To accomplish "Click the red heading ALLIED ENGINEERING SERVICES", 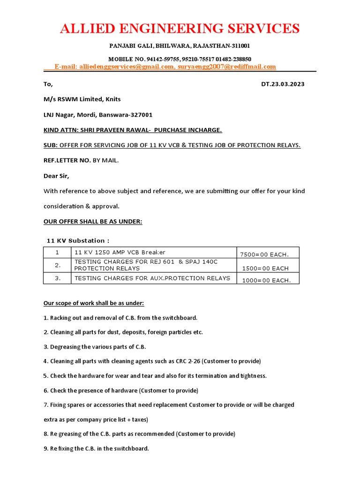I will coord(180,29).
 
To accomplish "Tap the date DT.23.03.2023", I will coord(283,84).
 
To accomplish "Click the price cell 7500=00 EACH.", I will coord(264,255).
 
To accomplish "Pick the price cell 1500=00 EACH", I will coord(265,269).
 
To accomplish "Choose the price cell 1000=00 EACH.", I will coord(265,280).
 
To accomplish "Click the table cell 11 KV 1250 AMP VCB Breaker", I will coord(120,252).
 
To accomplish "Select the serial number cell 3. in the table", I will coord(58,278).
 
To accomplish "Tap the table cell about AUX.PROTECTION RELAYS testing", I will coord(152,278).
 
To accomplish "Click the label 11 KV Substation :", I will coord(78,240).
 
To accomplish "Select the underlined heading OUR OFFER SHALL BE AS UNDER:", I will coord(93,221).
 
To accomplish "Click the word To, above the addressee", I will coord(48,84).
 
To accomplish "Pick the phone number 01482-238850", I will coord(233,59).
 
